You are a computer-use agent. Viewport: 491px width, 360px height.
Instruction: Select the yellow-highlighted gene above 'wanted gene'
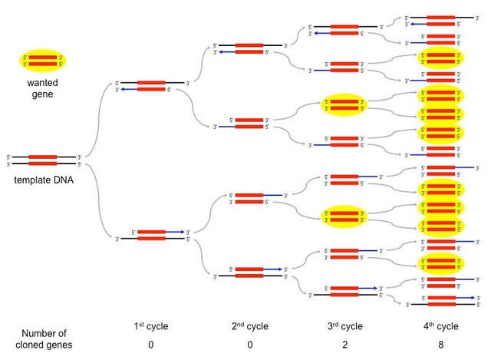(x=43, y=61)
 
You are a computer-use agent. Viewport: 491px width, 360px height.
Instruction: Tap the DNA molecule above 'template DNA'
(x=43, y=160)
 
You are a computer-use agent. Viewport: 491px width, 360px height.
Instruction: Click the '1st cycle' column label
(x=150, y=326)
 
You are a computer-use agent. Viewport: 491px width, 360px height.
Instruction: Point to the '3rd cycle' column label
(x=342, y=326)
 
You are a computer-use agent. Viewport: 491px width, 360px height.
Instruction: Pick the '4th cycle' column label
(x=441, y=326)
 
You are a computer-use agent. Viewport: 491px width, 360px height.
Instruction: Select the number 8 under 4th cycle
(x=441, y=345)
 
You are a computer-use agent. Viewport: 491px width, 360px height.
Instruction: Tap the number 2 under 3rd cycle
(x=342, y=345)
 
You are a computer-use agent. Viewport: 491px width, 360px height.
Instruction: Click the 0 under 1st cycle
(x=150, y=345)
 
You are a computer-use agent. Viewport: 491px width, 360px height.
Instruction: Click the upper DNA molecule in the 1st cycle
(x=151, y=85)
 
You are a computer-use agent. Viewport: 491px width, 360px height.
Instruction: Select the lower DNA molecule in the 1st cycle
(x=151, y=235)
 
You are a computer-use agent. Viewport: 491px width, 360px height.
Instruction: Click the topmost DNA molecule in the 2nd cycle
(x=249, y=48)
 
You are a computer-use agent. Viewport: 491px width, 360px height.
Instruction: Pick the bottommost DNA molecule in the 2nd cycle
(x=249, y=272)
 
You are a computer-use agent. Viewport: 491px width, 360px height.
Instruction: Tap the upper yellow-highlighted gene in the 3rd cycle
(x=342, y=105)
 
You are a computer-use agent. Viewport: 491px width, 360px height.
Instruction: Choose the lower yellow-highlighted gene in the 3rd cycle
(x=342, y=216)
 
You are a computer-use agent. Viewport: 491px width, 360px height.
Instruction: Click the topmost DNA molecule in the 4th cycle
(x=441, y=20)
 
